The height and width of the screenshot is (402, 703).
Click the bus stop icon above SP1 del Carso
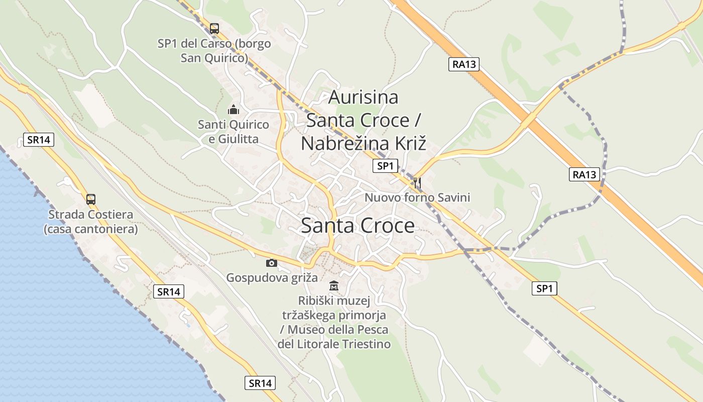[214, 29]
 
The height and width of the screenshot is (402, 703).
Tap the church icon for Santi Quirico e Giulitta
[233, 109]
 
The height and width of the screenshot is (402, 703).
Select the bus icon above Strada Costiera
[91, 199]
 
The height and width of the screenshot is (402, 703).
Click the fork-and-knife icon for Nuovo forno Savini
[417, 182]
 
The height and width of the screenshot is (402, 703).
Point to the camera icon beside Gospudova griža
[271, 262]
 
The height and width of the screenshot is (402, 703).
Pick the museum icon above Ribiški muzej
[334, 286]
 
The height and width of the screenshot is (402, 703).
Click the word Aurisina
[363, 97]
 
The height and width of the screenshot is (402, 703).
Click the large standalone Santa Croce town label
[358, 226]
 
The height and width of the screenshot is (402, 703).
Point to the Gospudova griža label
[272, 277]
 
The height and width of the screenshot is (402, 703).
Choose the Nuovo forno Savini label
[417, 197]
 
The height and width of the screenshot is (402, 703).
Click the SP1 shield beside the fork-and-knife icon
[385, 166]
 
